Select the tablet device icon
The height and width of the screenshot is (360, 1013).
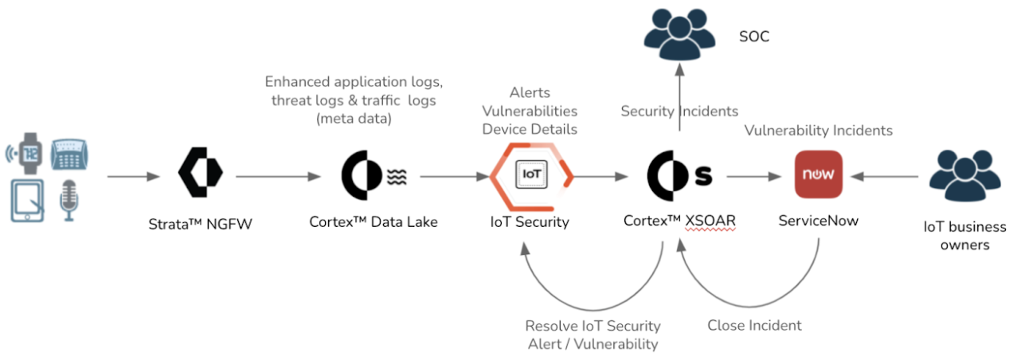[x=29, y=201]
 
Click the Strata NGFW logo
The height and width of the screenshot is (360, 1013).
[x=200, y=174]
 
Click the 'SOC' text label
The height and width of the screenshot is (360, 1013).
[x=754, y=37]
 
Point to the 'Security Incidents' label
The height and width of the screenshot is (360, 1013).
[x=679, y=112]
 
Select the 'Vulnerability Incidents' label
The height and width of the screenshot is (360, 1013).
[x=819, y=130]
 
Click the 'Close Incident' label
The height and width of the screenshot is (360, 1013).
[x=754, y=325]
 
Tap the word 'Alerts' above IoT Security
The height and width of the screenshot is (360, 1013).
[x=530, y=93]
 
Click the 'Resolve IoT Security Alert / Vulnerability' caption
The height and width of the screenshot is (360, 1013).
[x=593, y=335]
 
